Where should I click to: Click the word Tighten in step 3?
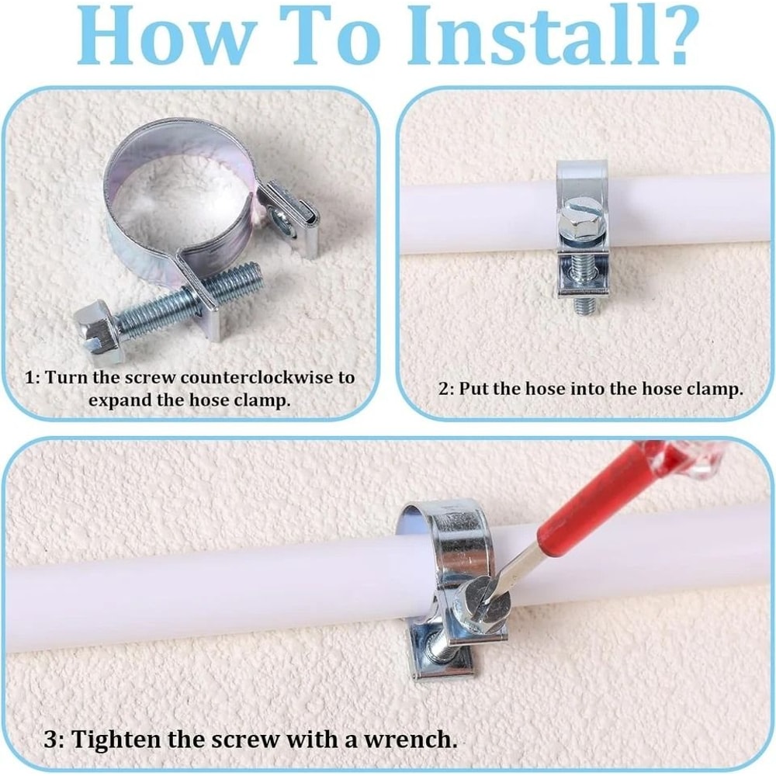click(x=116, y=740)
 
